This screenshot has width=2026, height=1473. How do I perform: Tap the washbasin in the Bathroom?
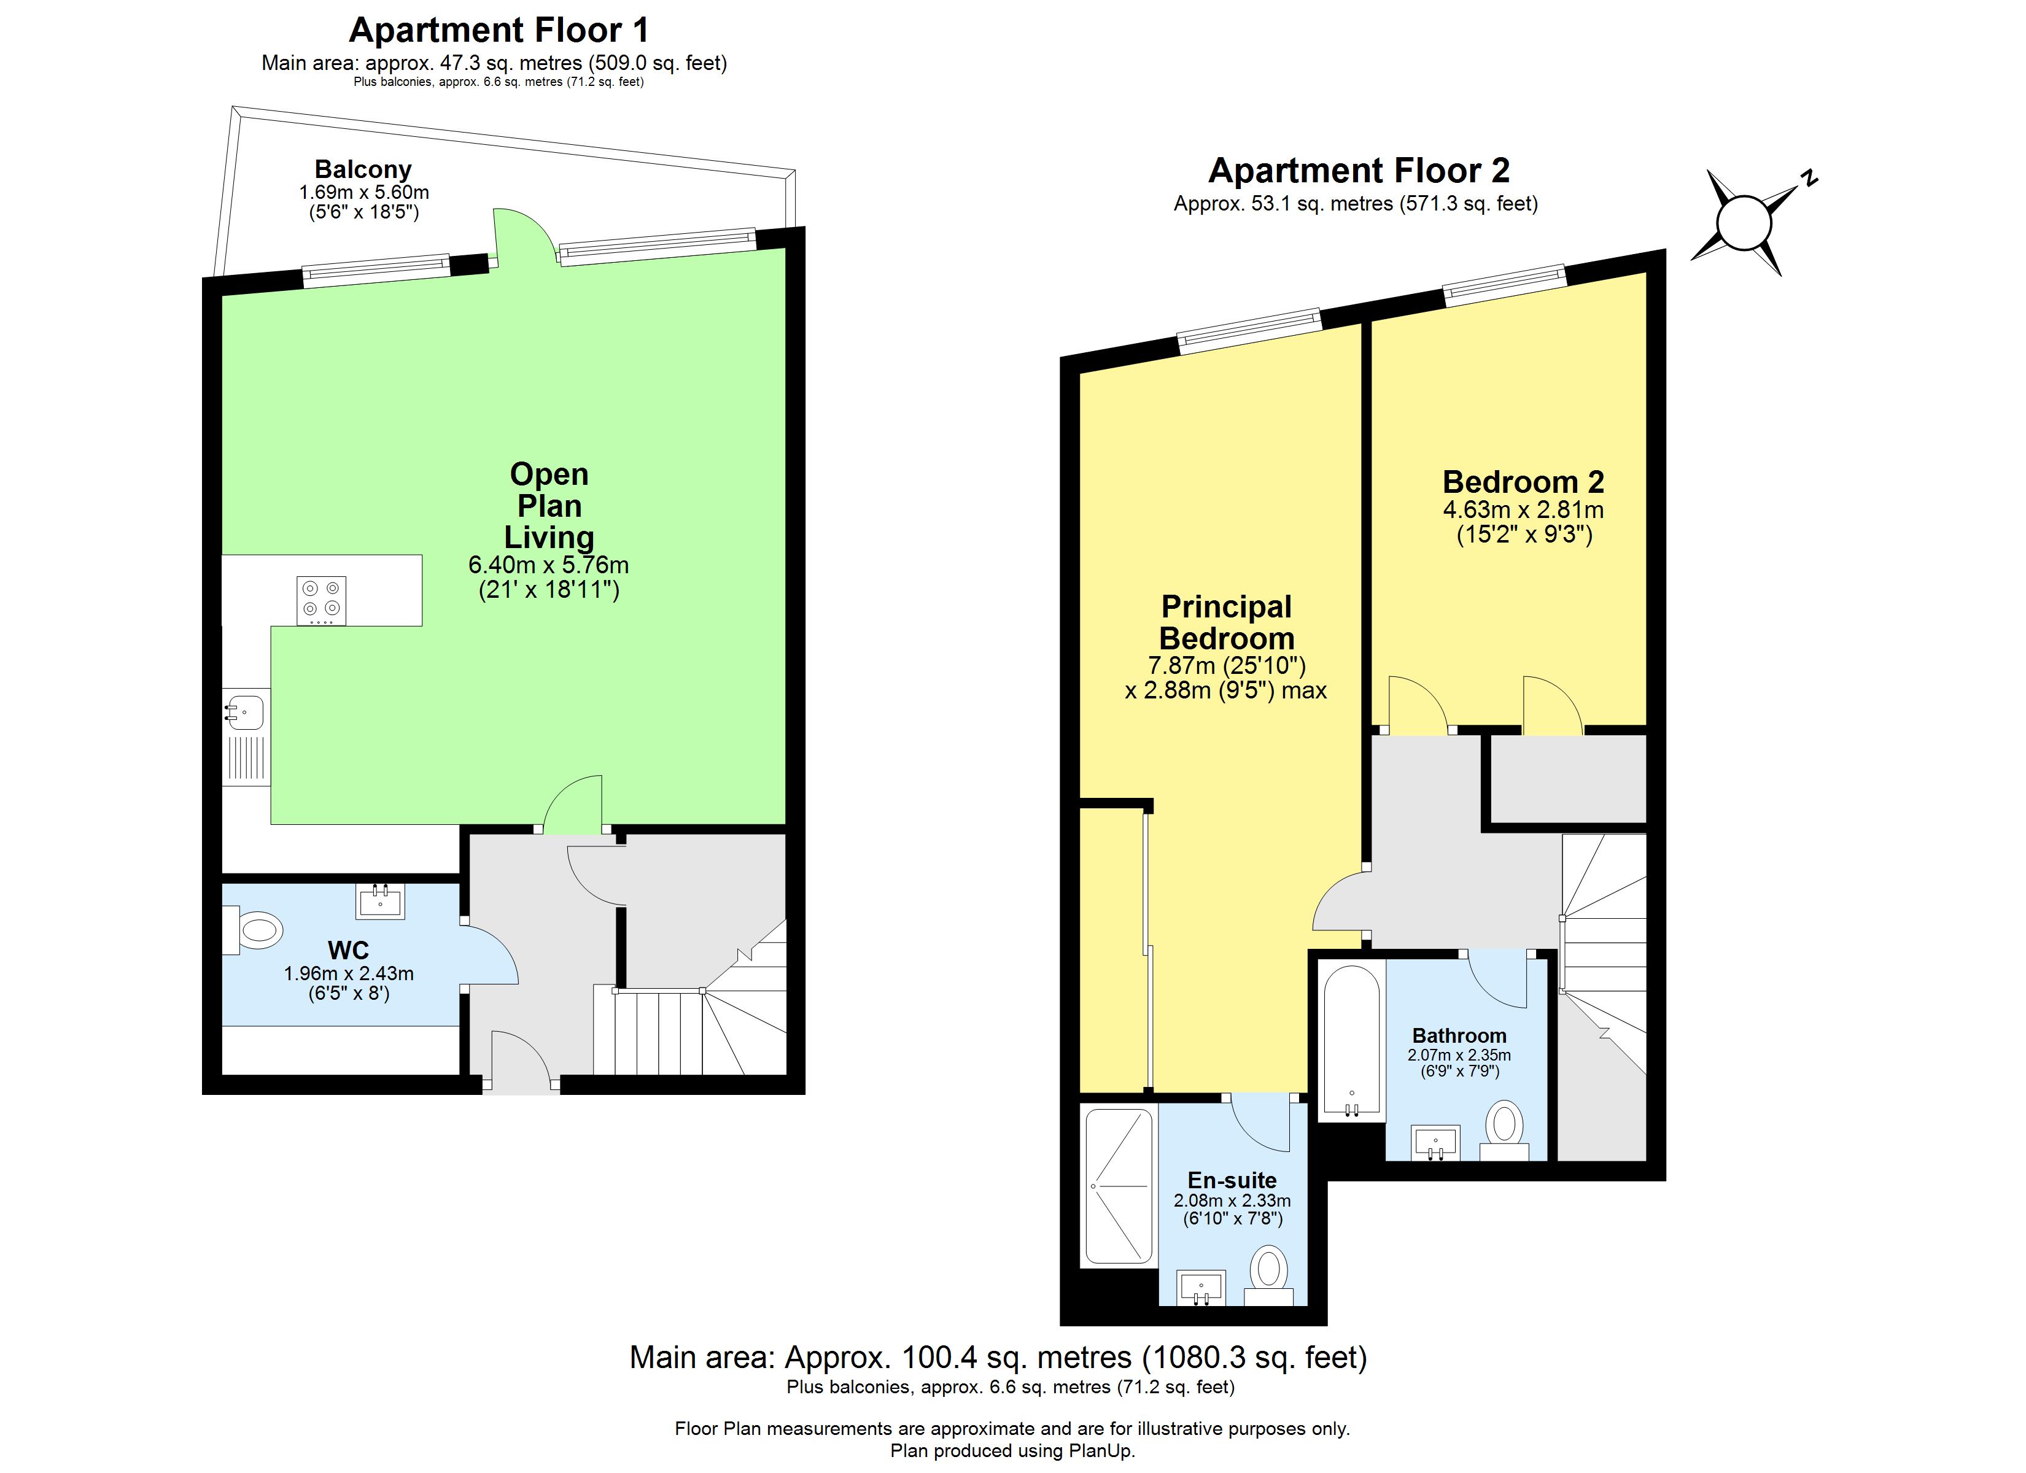(x=1435, y=1142)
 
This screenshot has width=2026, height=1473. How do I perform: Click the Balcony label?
(x=363, y=169)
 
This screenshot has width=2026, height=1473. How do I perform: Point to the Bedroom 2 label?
(x=1523, y=482)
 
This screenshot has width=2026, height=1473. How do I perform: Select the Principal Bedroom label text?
(x=1227, y=622)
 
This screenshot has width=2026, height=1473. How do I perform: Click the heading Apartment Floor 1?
(x=499, y=30)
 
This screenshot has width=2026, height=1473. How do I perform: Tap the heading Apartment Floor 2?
(x=1359, y=170)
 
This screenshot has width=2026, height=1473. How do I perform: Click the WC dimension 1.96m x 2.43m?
(x=348, y=973)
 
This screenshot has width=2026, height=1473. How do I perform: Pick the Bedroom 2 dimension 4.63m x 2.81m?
(x=1523, y=510)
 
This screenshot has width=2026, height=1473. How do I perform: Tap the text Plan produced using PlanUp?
(x=1012, y=1451)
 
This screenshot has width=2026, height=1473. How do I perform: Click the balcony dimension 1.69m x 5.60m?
(x=363, y=192)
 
